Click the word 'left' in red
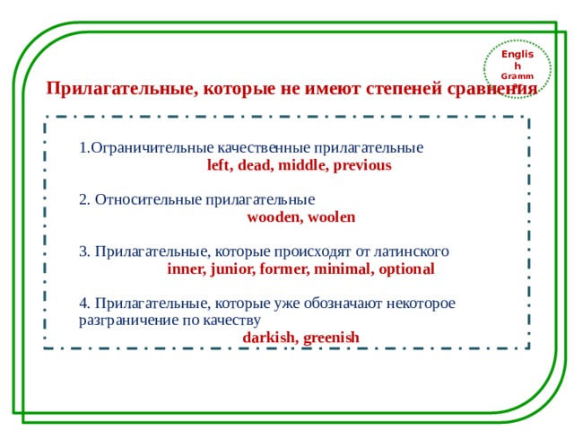pos(218,166)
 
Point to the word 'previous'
pos(364,166)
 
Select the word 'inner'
pos(186,268)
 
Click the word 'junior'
pos(232,268)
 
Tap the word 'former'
pos(283,268)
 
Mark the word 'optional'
pos(406,268)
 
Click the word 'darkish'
pos(269,338)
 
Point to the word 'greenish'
pos(331,338)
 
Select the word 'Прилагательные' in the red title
pos(122,90)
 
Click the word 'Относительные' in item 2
pos(148,199)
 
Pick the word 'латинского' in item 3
pos(411,251)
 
